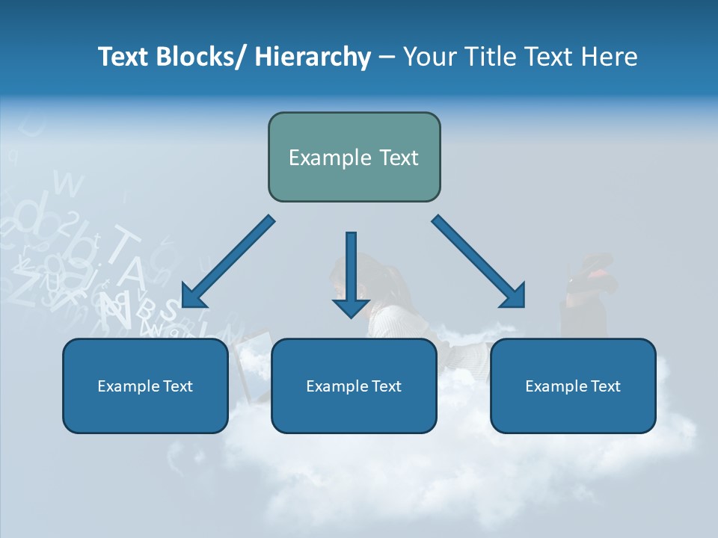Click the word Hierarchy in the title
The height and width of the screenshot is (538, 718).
pos(313,57)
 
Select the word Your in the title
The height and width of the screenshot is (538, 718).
pos(429,57)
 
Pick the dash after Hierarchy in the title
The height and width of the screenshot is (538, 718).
pos(386,58)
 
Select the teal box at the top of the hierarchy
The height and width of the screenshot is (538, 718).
pos(354,157)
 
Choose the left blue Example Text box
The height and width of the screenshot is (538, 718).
pos(145,386)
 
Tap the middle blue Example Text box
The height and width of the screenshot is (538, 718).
pos(354,386)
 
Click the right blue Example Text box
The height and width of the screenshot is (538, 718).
pos(573,386)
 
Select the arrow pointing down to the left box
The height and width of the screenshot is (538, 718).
pos(228,262)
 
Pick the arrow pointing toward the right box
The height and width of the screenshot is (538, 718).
pos(479,262)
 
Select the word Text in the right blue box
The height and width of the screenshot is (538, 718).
pos(605,386)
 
